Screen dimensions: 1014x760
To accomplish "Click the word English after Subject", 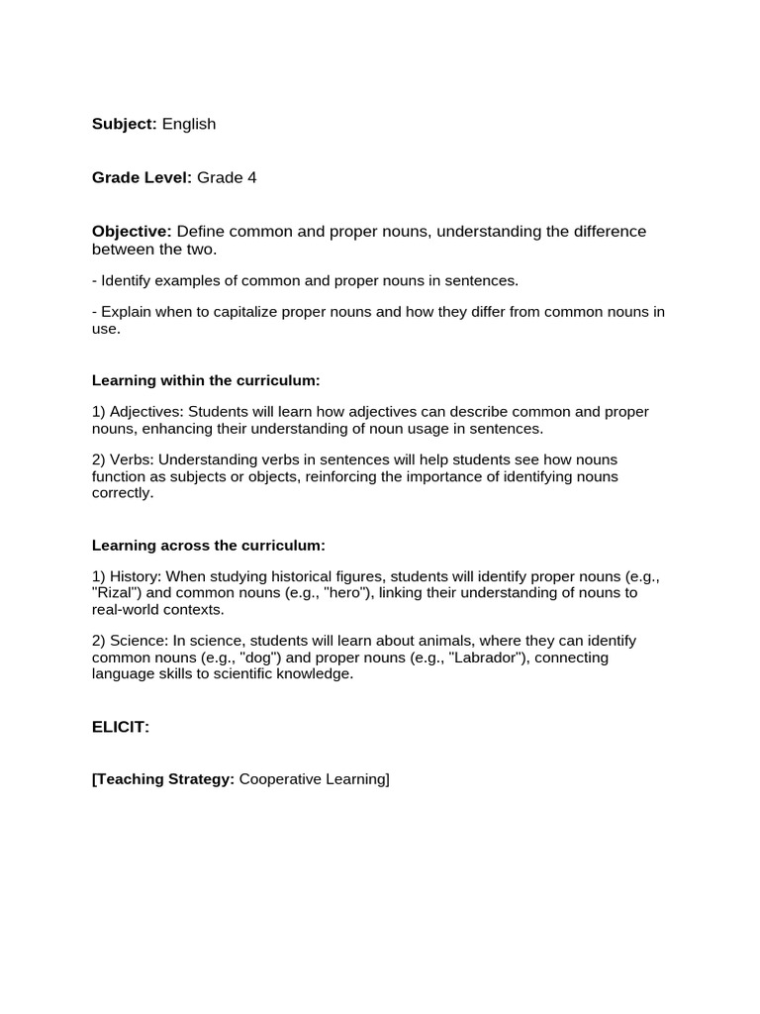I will click(189, 124).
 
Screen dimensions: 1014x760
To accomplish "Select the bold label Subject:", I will click(125, 124).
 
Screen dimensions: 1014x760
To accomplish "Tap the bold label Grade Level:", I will click(142, 177).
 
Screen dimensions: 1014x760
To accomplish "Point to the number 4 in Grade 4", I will click(252, 177).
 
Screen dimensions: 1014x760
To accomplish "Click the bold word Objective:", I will click(132, 232).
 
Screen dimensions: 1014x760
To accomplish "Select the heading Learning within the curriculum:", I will click(206, 380).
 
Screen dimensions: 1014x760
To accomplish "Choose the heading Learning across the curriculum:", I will click(208, 546).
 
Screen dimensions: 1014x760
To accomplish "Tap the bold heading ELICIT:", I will click(121, 727).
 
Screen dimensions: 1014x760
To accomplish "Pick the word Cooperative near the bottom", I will click(281, 779).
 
